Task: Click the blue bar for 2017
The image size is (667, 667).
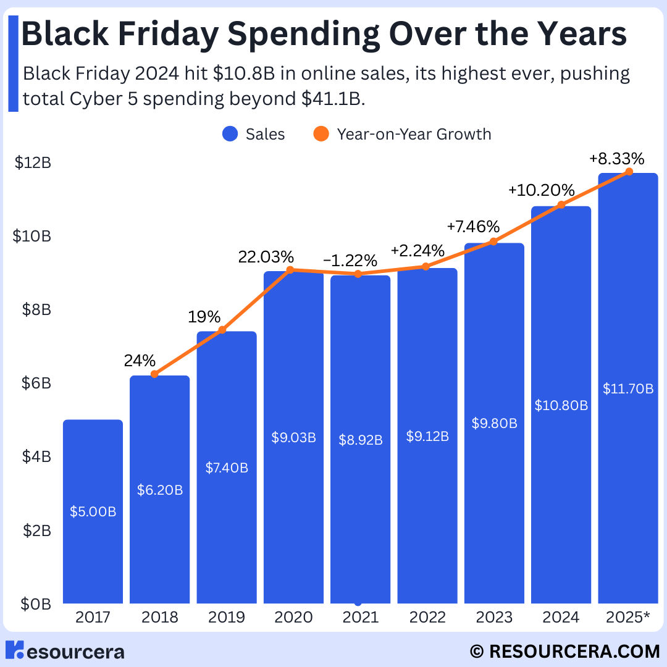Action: pos(93,511)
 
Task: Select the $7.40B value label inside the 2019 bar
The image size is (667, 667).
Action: pos(227,468)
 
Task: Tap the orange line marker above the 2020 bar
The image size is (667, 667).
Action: pos(290,270)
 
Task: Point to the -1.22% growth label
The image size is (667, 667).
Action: pos(350,261)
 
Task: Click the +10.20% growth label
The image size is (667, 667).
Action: pos(542,190)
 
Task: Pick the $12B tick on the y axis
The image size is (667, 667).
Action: pos(33,162)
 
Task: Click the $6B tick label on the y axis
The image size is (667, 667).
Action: pos(36,384)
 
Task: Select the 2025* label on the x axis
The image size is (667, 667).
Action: pos(628,617)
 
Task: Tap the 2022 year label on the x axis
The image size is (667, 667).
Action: pos(427,617)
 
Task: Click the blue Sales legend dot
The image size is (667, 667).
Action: pos(230,134)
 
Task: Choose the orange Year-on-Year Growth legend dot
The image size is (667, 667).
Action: pos(321,134)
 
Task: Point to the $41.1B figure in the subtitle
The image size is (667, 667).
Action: pos(333,99)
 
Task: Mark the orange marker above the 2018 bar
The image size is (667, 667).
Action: pos(154,374)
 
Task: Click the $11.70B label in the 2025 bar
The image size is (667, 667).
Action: pos(628,389)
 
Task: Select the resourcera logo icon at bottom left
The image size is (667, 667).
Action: pos(14,650)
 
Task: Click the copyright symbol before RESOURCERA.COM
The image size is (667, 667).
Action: pos(477,652)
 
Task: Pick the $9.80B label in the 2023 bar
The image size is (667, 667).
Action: pos(494,423)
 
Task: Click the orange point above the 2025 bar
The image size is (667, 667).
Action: pos(629,172)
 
